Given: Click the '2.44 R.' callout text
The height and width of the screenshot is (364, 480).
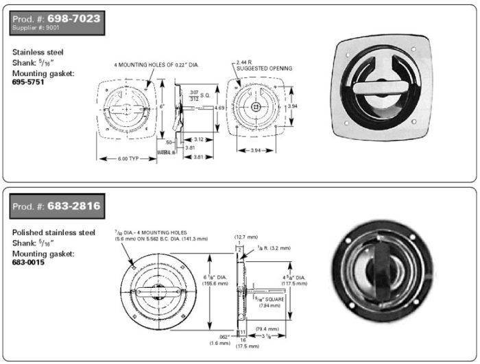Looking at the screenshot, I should click(x=245, y=62).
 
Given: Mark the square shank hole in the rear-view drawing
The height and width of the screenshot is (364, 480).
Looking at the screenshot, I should click(x=255, y=107).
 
